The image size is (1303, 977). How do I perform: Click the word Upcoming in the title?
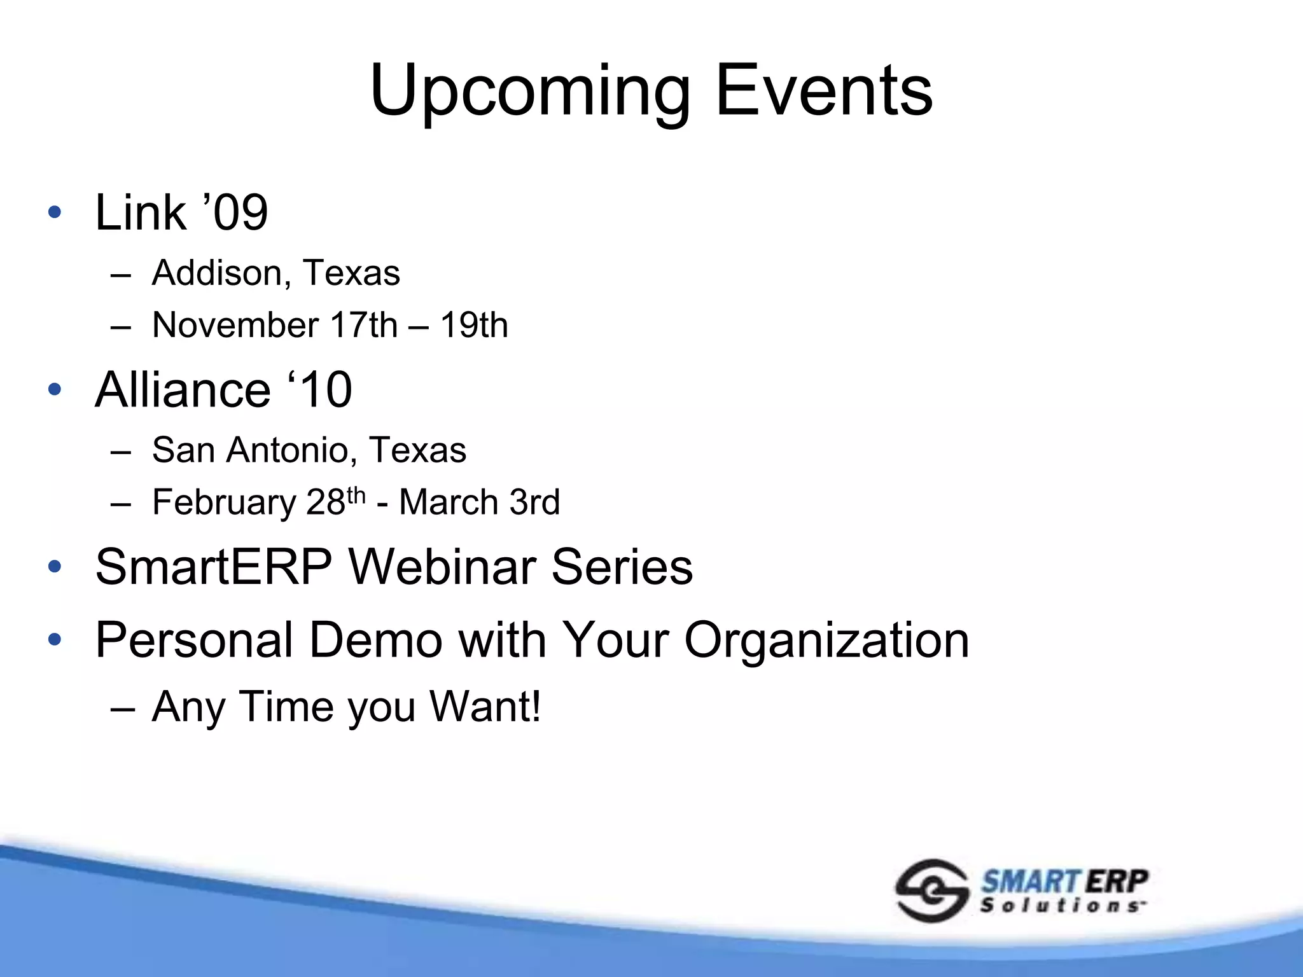pyautogui.click(x=530, y=92)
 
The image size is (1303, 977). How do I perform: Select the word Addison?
pyautogui.click(x=217, y=273)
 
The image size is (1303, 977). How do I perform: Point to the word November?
pyautogui.click(x=235, y=325)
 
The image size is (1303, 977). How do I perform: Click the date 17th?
pyautogui.click(x=364, y=325)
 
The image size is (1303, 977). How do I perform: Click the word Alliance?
pyautogui.click(x=183, y=389)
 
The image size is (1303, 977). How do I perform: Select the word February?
pyautogui.click(x=224, y=502)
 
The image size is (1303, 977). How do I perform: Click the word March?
pyautogui.click(x=449, y=502)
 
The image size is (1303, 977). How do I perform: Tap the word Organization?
pyautogui.click(x=826, y=640)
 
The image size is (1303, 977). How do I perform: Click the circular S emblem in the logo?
pyautogui.click(x=931, y=890)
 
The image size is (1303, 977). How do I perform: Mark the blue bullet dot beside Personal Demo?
pyautogui.click(x=55, y=639)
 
